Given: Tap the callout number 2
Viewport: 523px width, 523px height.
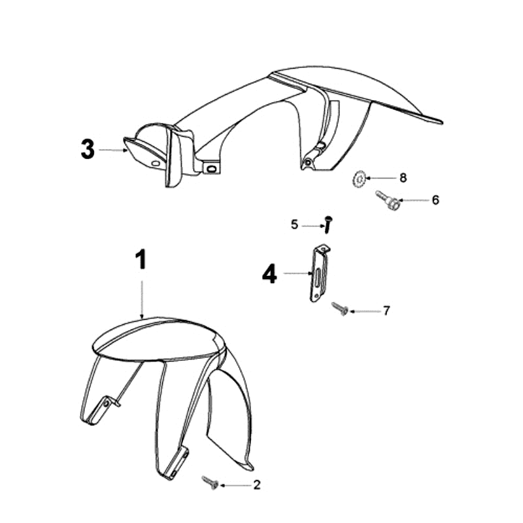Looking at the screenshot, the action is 256,484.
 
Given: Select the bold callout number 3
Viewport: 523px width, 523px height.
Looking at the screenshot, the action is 88,149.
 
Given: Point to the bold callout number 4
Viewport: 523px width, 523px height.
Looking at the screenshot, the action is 269,274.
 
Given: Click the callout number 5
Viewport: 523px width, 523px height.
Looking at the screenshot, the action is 294,225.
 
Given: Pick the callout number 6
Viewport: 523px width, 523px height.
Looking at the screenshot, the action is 435,200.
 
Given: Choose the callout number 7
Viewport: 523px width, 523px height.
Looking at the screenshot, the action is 386,311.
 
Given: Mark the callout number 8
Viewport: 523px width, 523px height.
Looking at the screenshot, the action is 403,178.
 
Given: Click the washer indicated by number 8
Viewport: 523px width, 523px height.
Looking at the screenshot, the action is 359,179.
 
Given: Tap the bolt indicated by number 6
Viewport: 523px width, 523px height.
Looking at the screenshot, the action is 387,200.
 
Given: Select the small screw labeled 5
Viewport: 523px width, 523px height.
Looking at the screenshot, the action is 328,225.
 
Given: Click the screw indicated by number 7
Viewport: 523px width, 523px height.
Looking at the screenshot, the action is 340,309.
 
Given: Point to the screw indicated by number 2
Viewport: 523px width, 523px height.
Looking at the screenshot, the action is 211,482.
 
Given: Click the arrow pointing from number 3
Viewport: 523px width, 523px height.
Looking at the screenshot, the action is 113,150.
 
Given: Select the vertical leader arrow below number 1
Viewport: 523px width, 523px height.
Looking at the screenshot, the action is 142,299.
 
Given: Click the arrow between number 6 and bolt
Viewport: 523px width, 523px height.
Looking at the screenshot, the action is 413,200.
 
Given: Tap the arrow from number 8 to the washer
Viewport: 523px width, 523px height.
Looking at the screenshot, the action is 381,178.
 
